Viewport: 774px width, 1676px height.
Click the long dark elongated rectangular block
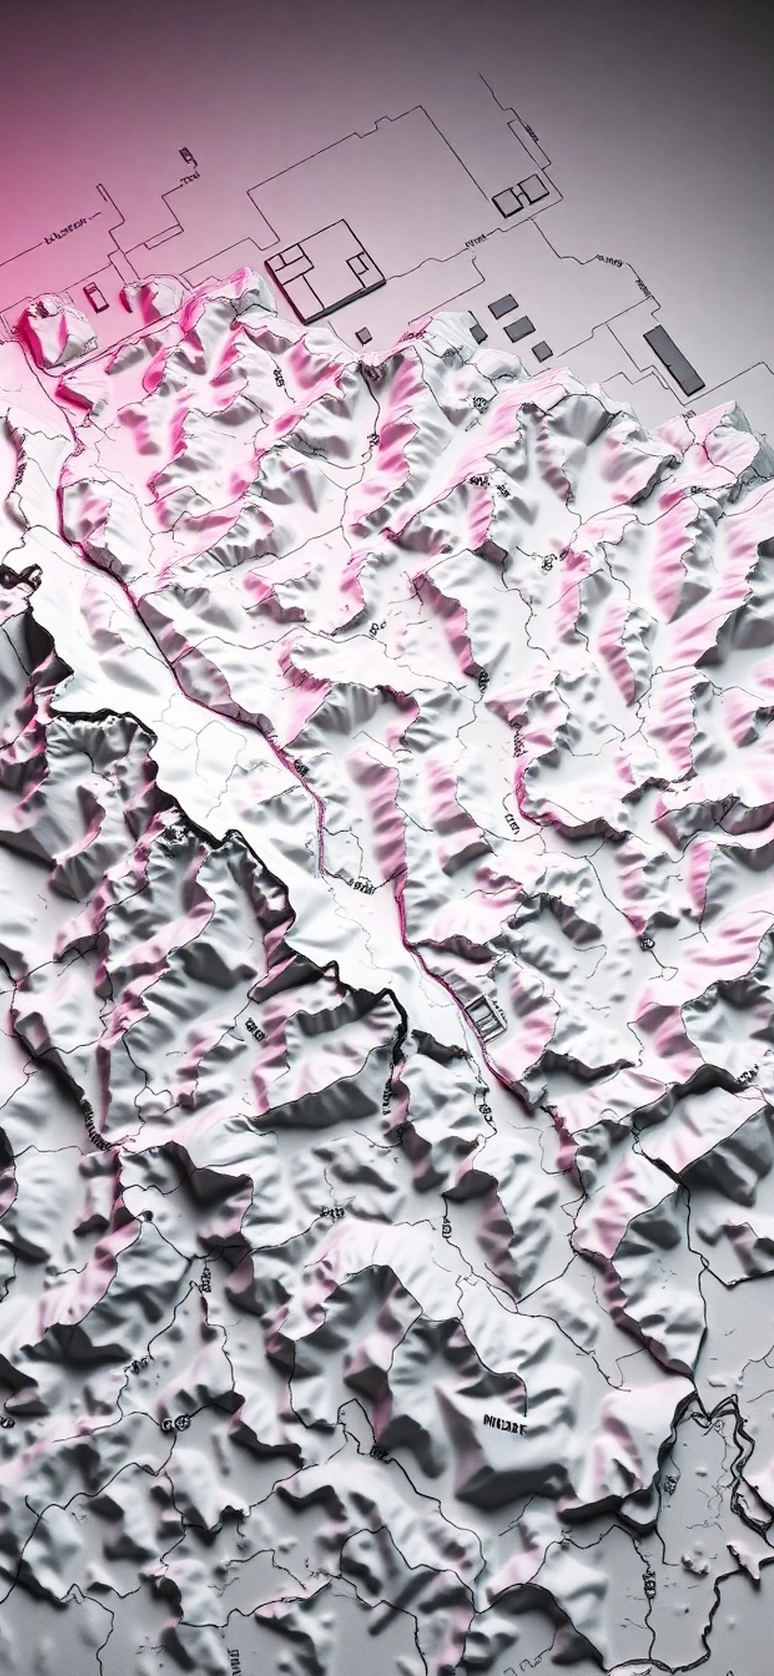(673, 360)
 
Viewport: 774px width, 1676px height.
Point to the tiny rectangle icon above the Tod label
(187, 155)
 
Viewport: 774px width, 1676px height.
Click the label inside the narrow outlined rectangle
(530, 135)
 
